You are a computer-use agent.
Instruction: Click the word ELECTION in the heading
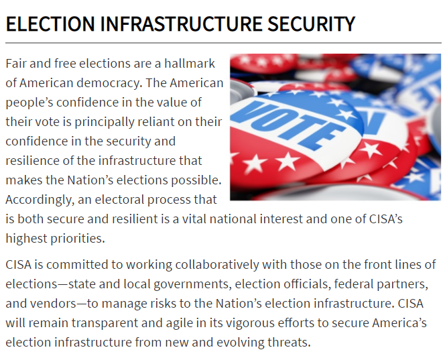[x=50, y=23]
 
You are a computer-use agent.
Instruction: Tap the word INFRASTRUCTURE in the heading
[x=180, y=23]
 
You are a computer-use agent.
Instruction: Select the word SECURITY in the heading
[x=312, y=23]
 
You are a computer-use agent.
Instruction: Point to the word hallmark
[x=190, y=64]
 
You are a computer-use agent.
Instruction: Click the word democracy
[x=109, y=83]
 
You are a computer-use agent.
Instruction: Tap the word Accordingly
[x=40, y=200]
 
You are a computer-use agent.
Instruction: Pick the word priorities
[x=78, y=239]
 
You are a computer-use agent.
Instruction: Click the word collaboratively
[x=217, y=265]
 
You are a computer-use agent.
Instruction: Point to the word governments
[x=192, y=284]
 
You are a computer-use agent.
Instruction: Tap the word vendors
[x=53, y=304]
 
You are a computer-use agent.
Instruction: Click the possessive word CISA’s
[x=386, y=219]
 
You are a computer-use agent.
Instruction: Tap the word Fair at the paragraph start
[x=16, y=64]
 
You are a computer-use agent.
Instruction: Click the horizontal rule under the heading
[x=223, y=43]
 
